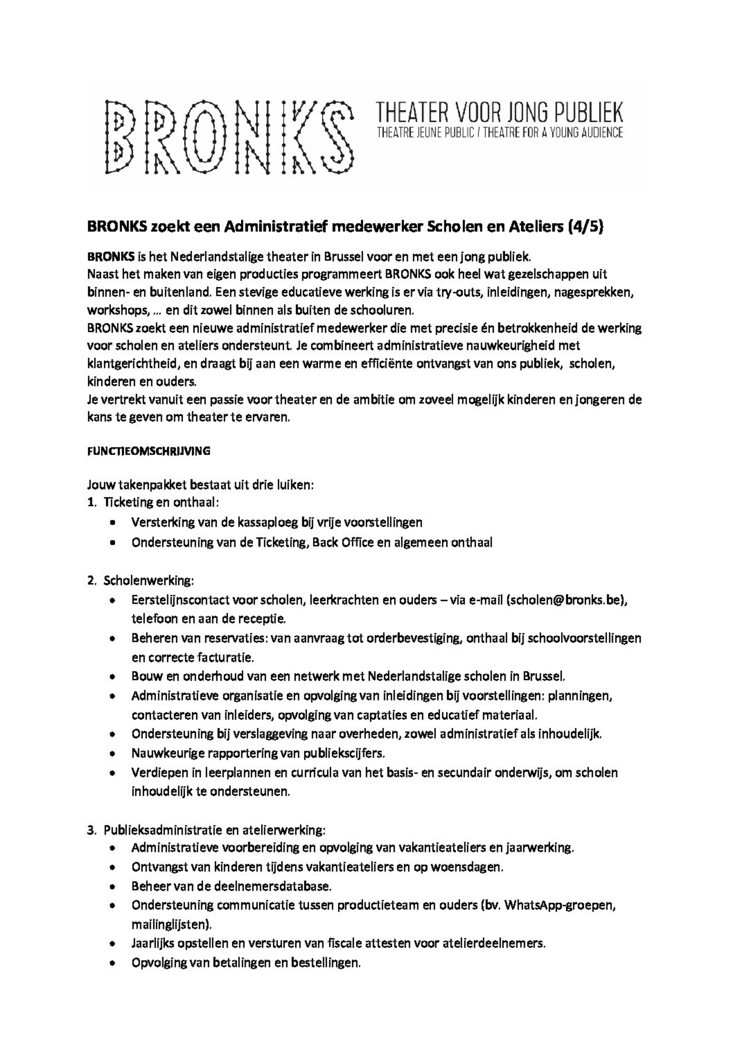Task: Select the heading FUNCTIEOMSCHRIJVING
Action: point(149,451)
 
